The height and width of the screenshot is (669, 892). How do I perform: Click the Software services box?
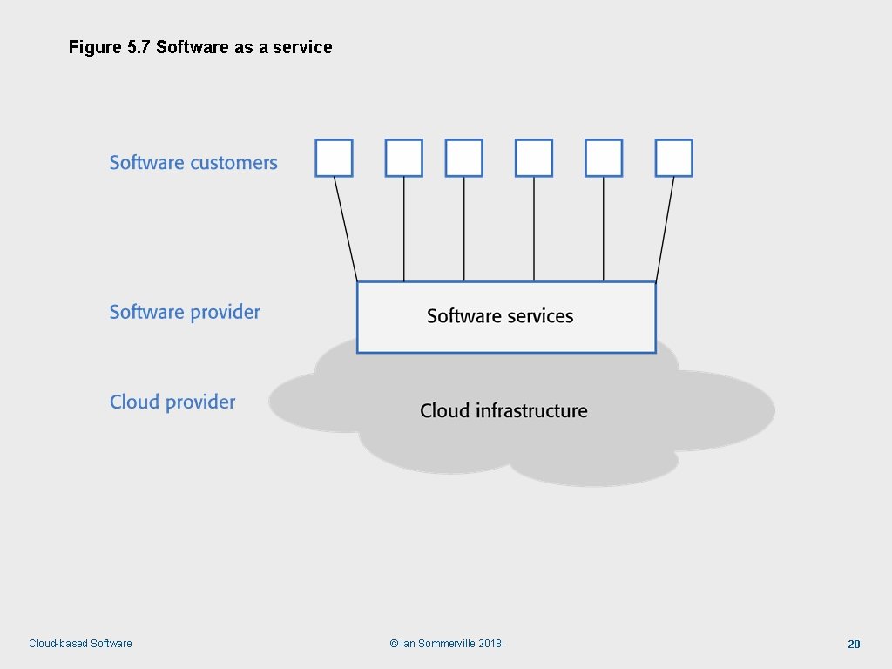[x=506, y=317]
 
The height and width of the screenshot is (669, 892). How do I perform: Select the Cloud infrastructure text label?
[x=504, y=410]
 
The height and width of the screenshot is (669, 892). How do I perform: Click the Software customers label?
[x=193, y=163]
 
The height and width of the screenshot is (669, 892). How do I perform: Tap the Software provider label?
[x=185, y=313]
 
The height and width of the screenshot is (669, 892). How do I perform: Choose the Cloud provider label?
[x=172, y=402]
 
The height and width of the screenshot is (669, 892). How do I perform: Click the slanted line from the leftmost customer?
[x=346, y=229]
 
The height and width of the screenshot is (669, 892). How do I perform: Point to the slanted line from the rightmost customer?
[x=665, y=229]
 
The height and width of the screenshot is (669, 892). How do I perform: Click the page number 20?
[x=854, y=644]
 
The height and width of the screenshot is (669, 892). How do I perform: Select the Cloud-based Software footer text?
[x=80, y=644]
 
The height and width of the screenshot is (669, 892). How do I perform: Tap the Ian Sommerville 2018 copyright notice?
[x=447, y=644]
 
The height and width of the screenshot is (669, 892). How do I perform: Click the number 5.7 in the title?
[x=139, y=47]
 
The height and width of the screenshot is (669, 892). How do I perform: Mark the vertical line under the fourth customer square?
[x=534, y=229]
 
